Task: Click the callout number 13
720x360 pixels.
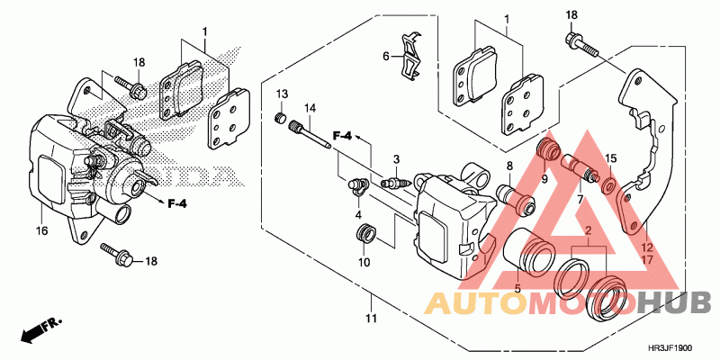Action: (281, 94)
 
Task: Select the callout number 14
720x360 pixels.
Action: (310, 109)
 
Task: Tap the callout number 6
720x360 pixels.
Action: (385, 56)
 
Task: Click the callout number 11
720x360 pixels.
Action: (369, 319)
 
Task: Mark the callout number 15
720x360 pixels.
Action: (610, 159)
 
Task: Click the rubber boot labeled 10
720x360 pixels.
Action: (364, 236)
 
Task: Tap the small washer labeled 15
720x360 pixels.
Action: (608, 185)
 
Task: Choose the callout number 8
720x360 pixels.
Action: (508, 166)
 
